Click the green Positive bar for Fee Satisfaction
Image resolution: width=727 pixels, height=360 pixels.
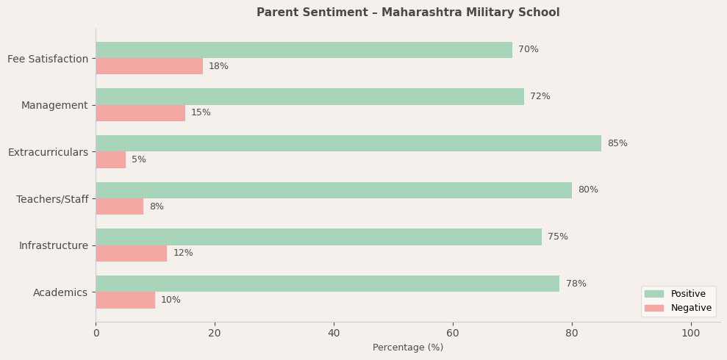coord(304,50)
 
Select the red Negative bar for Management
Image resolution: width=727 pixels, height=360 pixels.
coord(140,113)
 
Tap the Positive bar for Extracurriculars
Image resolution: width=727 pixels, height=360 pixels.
coord(348,143)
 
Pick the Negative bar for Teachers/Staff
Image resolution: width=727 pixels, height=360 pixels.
coord(120,206)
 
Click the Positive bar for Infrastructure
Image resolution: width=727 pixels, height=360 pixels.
coord(318,237)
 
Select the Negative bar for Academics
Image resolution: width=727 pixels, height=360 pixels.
coord(126,300)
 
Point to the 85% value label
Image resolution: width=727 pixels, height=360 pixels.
coord(617,143)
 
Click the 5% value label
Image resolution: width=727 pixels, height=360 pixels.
coord(139,159)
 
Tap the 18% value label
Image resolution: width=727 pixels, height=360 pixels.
coord(218,66)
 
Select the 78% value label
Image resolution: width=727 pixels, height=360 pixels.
coord(576,284)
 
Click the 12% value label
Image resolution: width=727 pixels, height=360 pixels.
coord(183,253)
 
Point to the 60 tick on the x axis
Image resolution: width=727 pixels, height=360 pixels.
coord(453,333)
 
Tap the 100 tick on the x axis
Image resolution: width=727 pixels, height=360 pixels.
coord(690,333)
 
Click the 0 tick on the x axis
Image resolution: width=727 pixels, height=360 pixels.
coord(96,333)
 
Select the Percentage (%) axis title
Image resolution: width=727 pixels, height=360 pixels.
coord(408,348)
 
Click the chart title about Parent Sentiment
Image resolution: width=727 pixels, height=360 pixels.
coord(408,12)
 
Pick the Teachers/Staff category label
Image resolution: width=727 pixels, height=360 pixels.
coord(52,199)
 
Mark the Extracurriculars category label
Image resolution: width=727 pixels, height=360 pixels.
coord(48,152)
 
